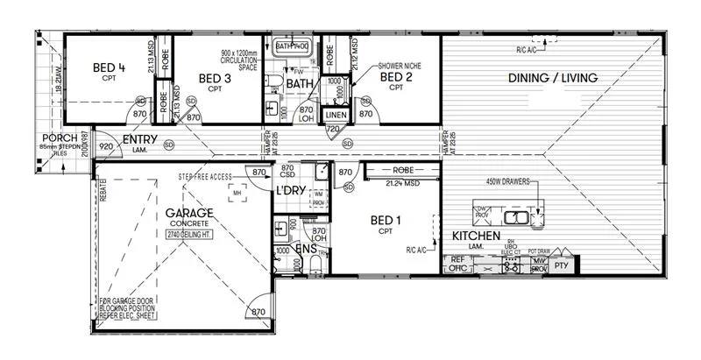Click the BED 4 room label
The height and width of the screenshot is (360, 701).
pos(109,67)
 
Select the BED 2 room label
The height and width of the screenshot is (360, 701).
pos(396,76)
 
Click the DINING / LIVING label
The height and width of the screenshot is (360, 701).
pos(553,78)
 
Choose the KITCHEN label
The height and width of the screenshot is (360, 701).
pos(476,236)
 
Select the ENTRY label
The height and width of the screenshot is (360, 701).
pos(139,140)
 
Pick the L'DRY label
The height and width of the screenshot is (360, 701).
pos(289,190)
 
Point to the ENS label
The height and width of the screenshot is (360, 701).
pos(305,250)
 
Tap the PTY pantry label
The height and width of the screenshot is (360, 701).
pos(563,265)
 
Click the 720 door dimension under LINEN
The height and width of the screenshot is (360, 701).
pos(333,129)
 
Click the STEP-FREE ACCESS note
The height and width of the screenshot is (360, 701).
pos(205,177)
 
